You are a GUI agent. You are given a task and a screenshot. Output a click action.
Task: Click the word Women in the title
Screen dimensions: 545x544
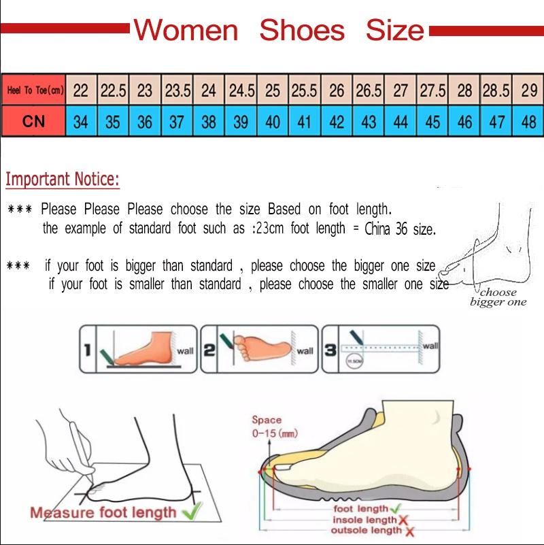(x=186, y=31)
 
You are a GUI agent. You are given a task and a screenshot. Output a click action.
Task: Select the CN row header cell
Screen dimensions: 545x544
(x=33, y=122)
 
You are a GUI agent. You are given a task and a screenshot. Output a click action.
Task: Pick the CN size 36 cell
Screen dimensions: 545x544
(x=145, y=122)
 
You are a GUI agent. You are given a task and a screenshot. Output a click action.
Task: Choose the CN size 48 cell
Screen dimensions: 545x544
(x=528, y=122)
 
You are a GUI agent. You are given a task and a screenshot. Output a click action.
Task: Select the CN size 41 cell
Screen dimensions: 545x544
(x=304, y=122)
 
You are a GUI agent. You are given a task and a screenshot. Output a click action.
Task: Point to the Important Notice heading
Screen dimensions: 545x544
(x=63, y=180)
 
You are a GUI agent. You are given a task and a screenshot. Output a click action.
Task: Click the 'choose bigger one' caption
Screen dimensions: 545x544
(x=498, y=297)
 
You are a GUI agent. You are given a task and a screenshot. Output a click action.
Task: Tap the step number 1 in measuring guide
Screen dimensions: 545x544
(x=87, y=350)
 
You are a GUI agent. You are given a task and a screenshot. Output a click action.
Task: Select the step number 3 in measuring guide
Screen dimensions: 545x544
(x=330, y=350)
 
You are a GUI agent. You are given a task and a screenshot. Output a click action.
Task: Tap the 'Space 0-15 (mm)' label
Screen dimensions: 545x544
(x=273, y=427)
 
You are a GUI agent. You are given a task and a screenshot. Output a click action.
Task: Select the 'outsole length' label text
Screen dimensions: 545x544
(x=366, y=531)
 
